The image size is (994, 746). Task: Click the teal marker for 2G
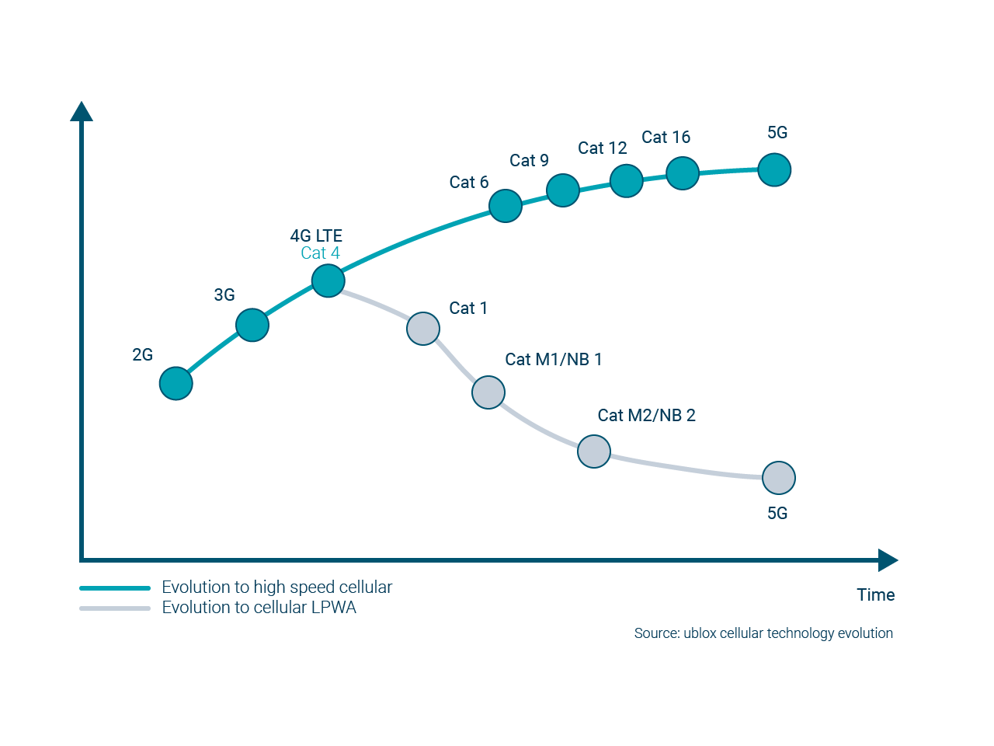point(176,383)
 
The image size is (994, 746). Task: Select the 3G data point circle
point(252,325)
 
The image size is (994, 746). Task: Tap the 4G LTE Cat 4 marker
point(328,281)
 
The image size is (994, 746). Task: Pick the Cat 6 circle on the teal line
point(506,206)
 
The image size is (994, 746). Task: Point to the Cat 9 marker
point(563,190)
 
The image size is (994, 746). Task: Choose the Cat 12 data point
point(627,181)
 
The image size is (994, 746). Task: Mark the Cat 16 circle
point(683,173)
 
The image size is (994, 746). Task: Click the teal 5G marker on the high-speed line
point(774,169)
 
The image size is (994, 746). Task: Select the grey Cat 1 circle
point(423,329)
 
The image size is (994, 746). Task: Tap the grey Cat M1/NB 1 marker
point(488,392)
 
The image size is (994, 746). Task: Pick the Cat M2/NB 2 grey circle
point(594,451)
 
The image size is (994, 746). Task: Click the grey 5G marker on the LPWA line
point(779,478)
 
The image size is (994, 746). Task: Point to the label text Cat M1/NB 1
point(553,359)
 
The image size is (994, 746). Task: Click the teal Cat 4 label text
point(320,253)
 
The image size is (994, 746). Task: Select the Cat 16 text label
point(666,138)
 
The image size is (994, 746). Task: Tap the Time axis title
point(875,595)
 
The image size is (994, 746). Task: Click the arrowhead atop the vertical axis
point(82,112)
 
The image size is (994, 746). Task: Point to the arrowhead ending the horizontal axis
point(888,559)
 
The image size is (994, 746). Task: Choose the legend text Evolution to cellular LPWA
point(259,608)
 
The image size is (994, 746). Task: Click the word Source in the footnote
point(656,633)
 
